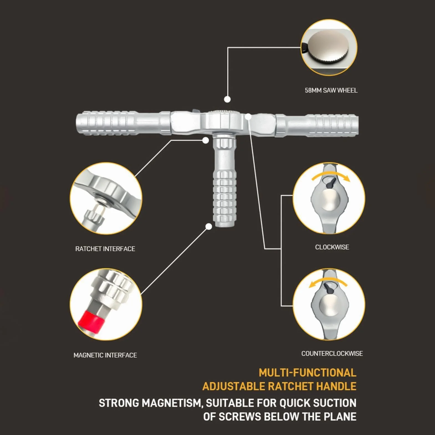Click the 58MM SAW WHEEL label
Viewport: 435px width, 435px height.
(x=331, y=90)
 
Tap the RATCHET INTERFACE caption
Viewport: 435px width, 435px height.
(x=105, y=249)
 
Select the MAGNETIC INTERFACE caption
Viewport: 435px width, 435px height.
(x=105, y=355)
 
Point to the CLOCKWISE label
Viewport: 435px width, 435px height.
(x=332, y=247)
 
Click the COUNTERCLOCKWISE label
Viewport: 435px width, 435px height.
(x=332, y=353)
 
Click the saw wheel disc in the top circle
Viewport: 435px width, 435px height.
(x=329, y=46)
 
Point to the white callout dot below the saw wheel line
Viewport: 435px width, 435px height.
(x=227, y=99)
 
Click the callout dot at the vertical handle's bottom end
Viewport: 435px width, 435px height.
(x=209, y=227)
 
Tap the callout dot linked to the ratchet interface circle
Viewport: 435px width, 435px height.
(x=205, y=140)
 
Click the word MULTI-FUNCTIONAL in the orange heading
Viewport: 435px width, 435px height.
(x=307, y=373)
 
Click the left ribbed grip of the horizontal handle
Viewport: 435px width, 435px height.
(x=107, y=123)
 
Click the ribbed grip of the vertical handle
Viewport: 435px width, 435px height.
(x=225, y=198)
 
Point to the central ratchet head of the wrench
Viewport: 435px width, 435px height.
(x=223, y=122)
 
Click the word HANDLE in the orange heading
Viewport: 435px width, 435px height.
(x=336, y=386)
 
